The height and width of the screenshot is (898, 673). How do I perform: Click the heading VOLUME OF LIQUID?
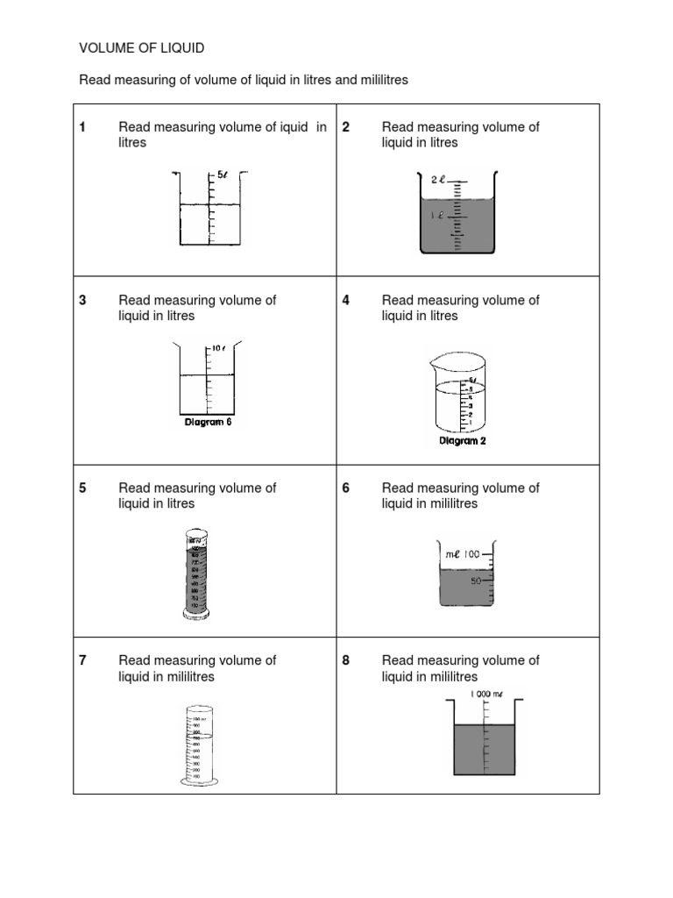142,48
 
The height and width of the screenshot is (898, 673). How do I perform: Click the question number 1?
82,127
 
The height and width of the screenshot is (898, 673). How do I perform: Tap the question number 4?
346,300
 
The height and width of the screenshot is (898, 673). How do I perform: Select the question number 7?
82,660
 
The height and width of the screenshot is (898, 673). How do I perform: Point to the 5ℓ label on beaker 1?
223,175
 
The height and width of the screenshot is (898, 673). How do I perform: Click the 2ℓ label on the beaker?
439,179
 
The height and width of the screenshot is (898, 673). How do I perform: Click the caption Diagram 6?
208,422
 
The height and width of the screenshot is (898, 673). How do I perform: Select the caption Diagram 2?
462,441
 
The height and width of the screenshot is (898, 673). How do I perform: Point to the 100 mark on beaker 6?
472,553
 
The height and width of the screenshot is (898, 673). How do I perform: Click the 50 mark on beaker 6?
478,581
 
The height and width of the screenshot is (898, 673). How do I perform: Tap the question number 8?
346,660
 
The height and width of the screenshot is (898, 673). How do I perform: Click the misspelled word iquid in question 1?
290,127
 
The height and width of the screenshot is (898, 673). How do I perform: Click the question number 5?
82,488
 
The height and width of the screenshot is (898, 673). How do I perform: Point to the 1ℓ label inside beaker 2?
435,214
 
